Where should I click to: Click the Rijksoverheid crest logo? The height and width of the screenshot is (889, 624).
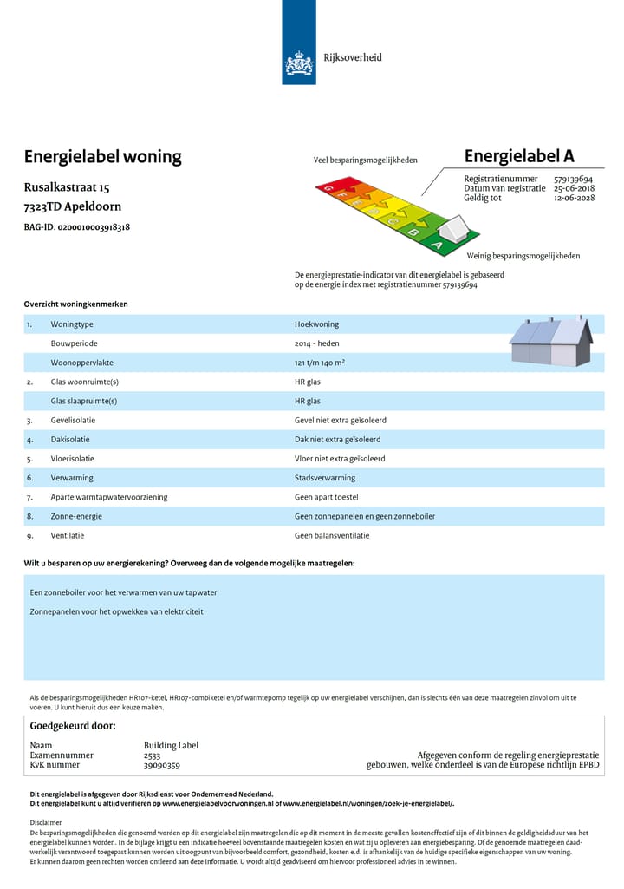click(298, 63)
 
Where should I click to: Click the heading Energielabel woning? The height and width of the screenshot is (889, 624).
click(103, 157)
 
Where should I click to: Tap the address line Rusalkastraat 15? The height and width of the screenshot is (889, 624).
click(67, 187)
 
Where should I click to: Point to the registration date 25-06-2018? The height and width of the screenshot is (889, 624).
click(574, 188)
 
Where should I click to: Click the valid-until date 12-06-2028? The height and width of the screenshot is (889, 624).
click(574, 198)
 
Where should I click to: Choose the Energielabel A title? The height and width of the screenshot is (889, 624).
click(519, 156)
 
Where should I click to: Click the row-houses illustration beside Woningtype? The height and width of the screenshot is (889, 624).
click(550, 342)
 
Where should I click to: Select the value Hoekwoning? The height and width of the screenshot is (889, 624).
click(316, 324)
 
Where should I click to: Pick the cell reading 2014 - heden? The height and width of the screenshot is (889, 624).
click(316, 343)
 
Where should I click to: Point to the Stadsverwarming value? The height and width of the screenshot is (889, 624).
click(325, 478)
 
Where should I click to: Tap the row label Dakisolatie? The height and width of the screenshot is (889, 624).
click(73, 440)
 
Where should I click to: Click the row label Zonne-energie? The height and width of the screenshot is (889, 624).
click(76, 516)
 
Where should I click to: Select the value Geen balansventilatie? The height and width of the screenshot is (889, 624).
click(332, 535)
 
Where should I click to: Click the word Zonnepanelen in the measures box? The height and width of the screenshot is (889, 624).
click(55, 611)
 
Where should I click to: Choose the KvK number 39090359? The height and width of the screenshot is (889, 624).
click(162, 765)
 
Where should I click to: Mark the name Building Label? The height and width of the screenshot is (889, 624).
click(171, 745)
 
